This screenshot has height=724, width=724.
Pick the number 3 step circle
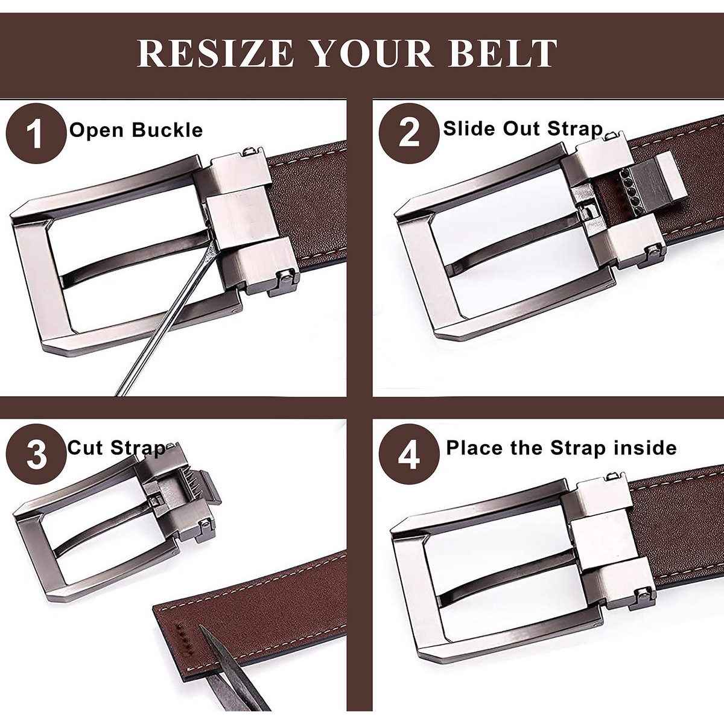pos(37,454)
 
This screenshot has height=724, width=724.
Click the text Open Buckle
pos(136,130)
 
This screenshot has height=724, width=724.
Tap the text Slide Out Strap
pos(523,129)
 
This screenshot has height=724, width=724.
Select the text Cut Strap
pos(116,448)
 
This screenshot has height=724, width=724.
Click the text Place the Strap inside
pos(561,448)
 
